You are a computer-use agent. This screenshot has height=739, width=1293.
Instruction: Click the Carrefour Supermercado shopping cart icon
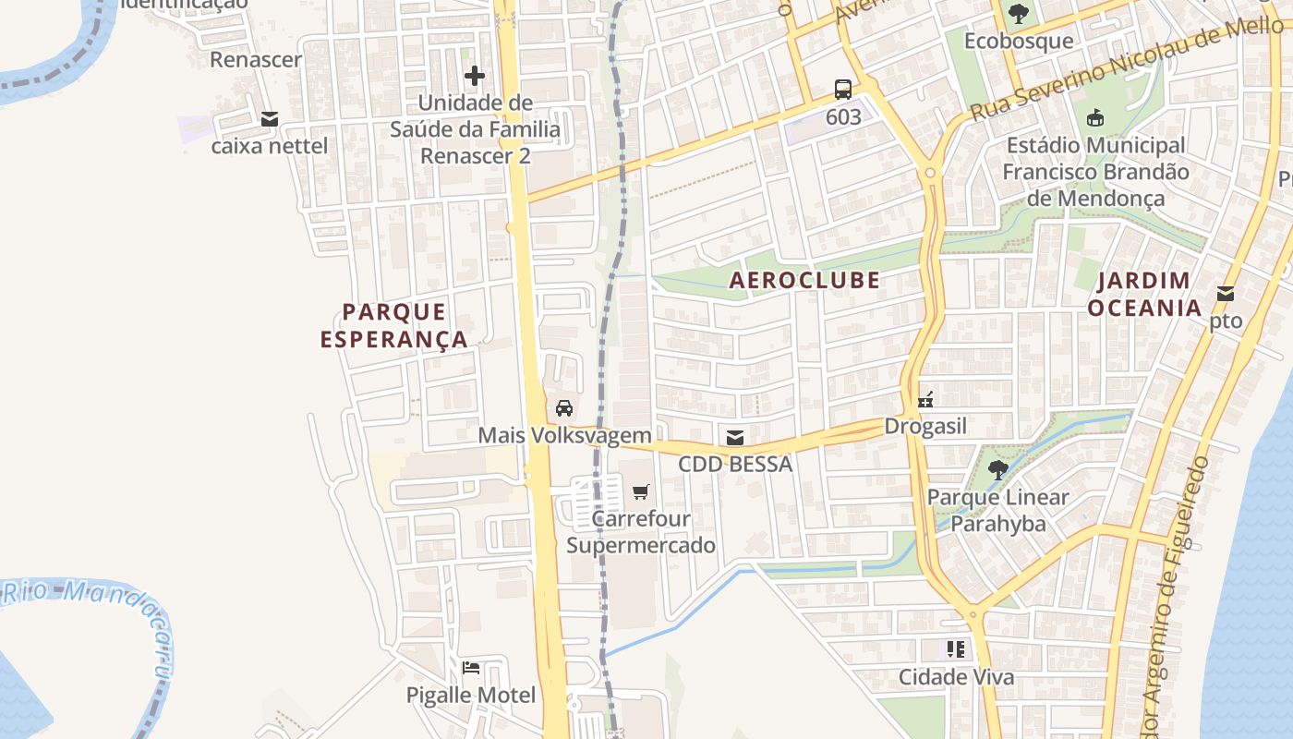[x=641, y=491]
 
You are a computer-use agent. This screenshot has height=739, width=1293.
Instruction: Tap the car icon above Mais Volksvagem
[x=564, y=407]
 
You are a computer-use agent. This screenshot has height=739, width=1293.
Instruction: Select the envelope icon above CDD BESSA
[x=735, y=438]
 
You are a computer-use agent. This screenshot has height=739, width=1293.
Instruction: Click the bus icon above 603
[x=843, y=90]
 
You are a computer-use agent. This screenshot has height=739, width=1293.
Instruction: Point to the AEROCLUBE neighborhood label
[x=804, y=280]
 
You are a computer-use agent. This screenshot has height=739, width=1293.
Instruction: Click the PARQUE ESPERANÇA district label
[x=394, y=326]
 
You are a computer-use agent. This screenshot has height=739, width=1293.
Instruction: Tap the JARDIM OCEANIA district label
[x=1143, y=294]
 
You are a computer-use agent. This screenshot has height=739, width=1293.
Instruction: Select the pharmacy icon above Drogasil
[x=925, y=400]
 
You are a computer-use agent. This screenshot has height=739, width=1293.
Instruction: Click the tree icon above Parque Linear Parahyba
[x=997, y=469]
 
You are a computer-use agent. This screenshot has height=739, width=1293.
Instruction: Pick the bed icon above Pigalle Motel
[x=471, y=668]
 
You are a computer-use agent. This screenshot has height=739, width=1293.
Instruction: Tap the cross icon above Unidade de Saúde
[x=475, y=75]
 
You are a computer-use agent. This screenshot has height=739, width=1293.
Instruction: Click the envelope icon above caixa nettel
[x=270, y=119]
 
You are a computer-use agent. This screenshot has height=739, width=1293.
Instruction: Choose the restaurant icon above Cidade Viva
[x=956, y=649]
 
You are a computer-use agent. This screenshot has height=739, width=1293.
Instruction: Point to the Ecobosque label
[x=1019, y=42]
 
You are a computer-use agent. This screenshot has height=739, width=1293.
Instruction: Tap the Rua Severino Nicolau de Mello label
[x=1127, y=69]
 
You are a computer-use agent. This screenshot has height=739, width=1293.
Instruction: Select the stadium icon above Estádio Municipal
[x=1095, y=117]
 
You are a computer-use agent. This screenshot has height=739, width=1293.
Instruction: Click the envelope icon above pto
[x=1226, y=294]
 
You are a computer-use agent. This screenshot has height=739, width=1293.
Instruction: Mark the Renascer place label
[x=256, y=60]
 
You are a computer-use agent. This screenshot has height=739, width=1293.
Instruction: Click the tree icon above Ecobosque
[x=1019, y=14]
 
